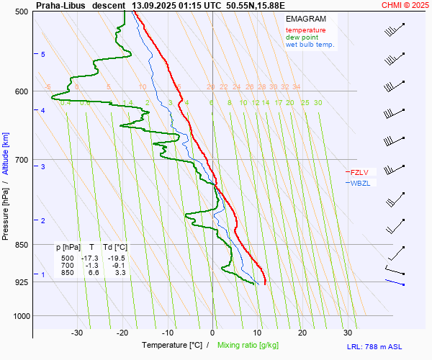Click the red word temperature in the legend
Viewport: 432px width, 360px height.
point(305,30)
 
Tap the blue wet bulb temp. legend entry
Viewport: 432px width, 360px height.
point(310,45)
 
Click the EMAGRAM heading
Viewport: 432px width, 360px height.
point(305,18)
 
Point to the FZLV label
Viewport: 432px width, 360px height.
point(359,172)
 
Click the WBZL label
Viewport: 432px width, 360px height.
point(360,183)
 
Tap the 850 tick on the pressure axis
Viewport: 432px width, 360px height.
point(20,245)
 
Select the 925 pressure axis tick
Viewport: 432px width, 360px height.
point(20,282)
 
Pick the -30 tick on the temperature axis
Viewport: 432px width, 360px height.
point(77,333)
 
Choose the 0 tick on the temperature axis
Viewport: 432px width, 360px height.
point(213,333)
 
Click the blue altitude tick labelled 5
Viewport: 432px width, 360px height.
point(43,55)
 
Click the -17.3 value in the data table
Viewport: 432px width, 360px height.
point(89,258)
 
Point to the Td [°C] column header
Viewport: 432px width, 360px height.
point(113,247)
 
